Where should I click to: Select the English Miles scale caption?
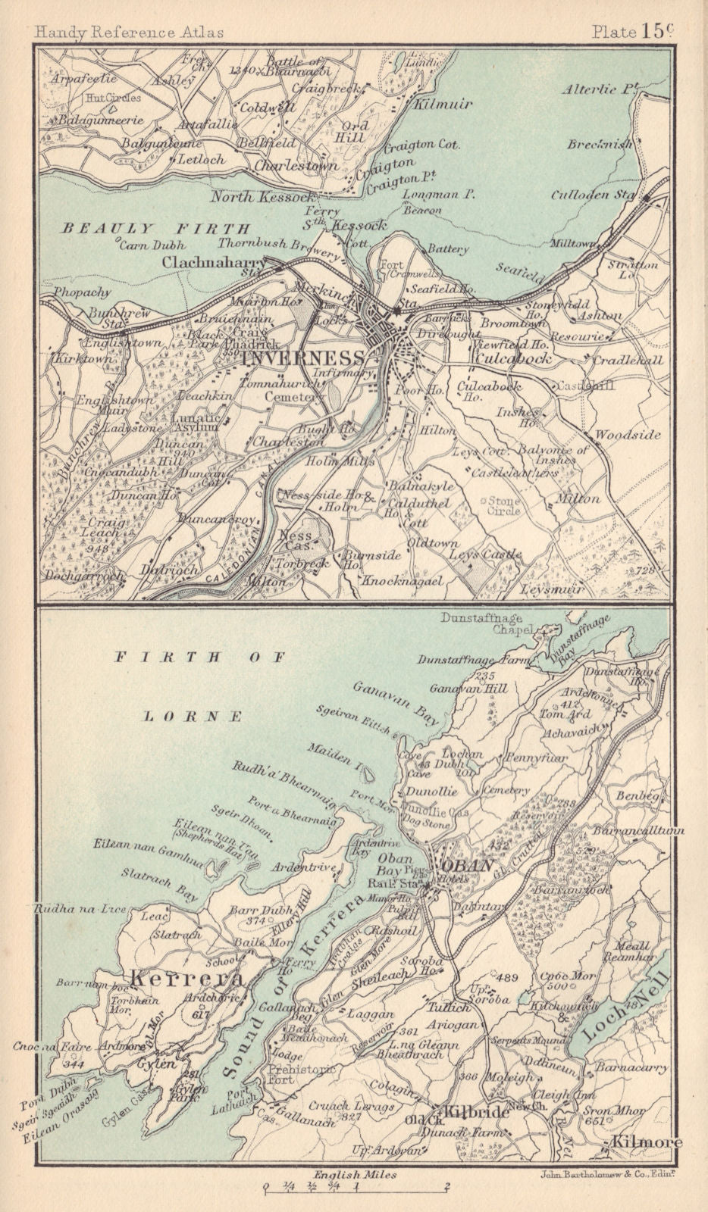[x=353, y=1173]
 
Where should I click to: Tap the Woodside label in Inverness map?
[x=627, y=435]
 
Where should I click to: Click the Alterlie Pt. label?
[x=598, y=89]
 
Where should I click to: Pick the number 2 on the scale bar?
[x=448, y=1186]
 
